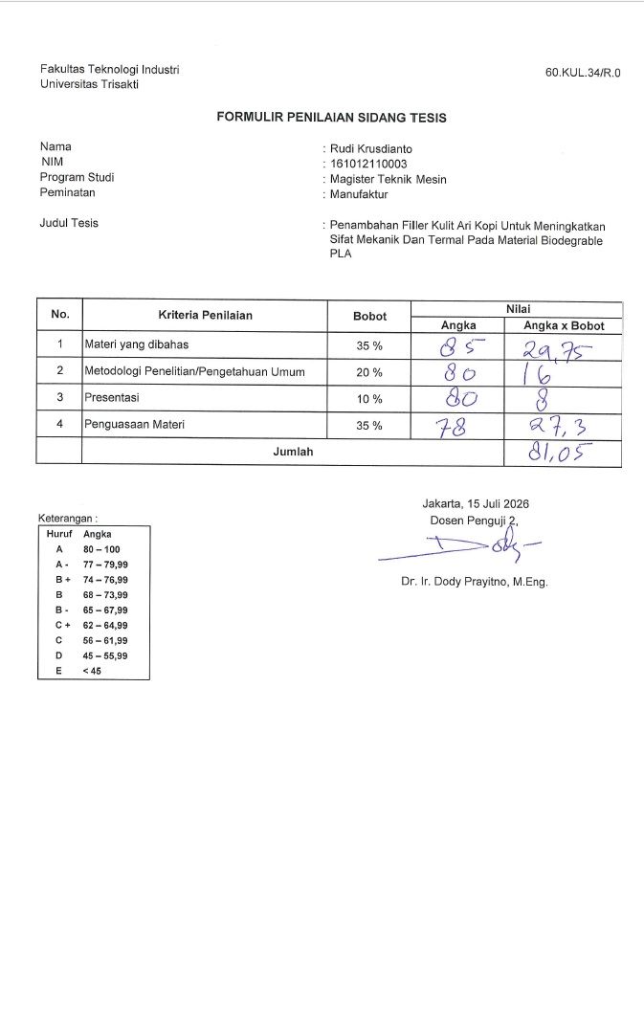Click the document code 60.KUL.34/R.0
click(583, 73)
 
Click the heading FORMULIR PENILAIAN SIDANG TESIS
click(331, 119)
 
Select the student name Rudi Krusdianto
click(371, 148)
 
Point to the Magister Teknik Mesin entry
click(388, 179)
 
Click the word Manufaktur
click(359, 194)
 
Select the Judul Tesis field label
click(69, 224)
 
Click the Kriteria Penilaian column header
click(205, 315)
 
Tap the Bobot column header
click(369, 316)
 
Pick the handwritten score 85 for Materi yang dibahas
click(458, 344)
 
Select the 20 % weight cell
click(369, 372)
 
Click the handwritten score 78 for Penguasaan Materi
click(456, 425)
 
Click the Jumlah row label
click(293, 452)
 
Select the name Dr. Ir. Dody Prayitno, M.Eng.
click(474, 582)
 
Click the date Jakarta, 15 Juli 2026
click(476, 503)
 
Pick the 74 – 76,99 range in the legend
click(105, 580)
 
